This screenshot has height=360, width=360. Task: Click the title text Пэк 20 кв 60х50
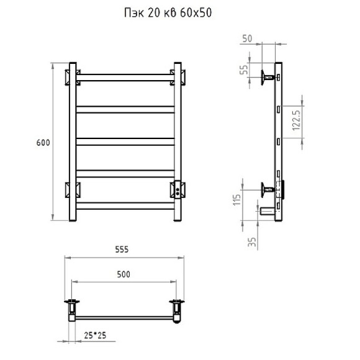coord(168,13)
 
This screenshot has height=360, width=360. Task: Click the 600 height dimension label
coord(43,143)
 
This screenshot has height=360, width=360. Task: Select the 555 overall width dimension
coord(122,250)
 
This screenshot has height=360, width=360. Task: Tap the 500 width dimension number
coord(124,274)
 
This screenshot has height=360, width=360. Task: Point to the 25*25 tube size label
coord(95,335)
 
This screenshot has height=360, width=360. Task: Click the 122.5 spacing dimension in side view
coord(297,120)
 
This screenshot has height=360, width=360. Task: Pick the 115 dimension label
coord(236,200)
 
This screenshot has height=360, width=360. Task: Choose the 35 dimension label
coord(252,242)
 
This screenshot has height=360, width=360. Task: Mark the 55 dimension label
coord(244,70)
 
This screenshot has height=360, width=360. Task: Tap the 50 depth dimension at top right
coord(247,38)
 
